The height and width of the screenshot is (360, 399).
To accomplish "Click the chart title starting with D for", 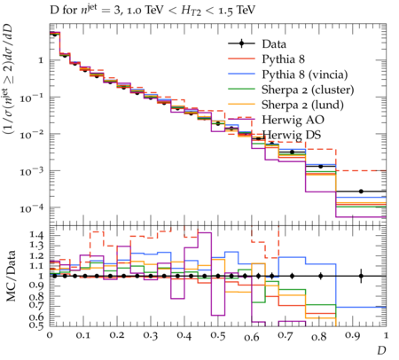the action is point(153,11).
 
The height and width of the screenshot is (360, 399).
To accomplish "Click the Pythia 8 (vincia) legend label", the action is point(305,74).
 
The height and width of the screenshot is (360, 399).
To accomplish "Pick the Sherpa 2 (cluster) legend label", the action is point(308,90).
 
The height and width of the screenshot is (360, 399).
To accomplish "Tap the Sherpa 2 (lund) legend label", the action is point(302,105).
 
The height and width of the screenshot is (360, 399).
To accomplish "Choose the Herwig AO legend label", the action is point(293,120).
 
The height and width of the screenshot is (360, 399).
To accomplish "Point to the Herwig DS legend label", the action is point(292,135).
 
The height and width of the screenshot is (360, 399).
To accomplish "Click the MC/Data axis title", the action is point(11,276).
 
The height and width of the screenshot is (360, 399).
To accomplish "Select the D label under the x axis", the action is point(381,350).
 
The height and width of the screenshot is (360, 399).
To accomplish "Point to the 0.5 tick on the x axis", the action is point(218,336).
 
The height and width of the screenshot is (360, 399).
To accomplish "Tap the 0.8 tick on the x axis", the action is point(319,336).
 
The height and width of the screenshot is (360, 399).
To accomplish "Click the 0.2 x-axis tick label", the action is point(117,336).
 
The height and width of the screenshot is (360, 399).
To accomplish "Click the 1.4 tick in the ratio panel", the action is point(36,235).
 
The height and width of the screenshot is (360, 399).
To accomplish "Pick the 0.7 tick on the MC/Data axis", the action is point(36,305).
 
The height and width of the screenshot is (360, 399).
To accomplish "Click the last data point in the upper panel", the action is point(361,192).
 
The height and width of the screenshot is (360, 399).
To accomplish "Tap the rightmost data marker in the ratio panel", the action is point(361,276).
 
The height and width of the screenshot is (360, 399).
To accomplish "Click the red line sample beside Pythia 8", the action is point(241,59).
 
